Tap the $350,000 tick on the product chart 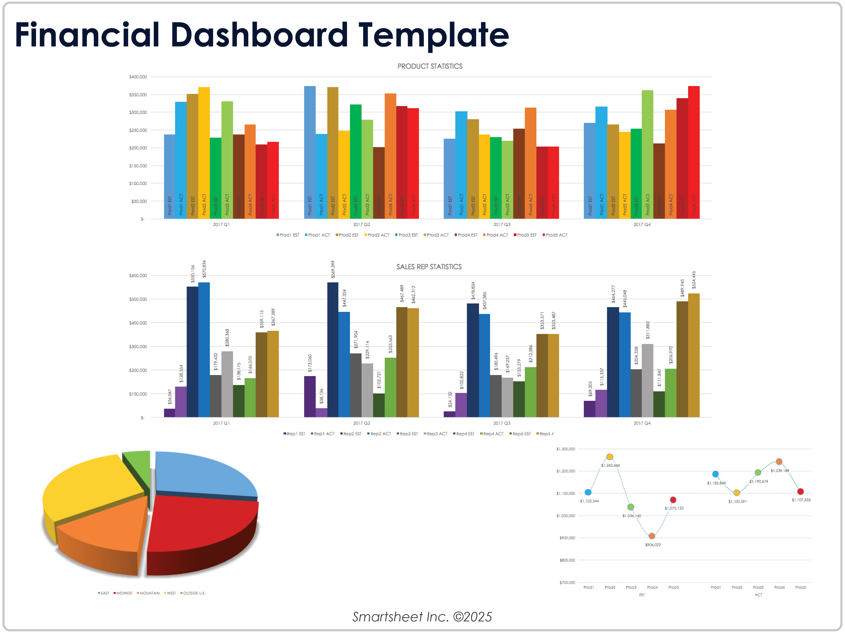coord(138,95)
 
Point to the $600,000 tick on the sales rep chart coord(138,275)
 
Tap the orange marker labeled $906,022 coord(652,536)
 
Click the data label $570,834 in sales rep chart coord(204,269)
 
